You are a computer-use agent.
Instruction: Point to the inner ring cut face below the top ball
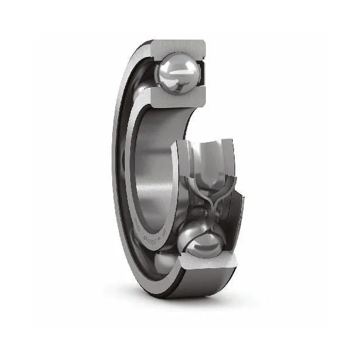[177, 97]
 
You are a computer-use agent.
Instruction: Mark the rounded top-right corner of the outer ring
[203, 43]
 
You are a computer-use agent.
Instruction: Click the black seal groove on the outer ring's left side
[116, 180]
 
